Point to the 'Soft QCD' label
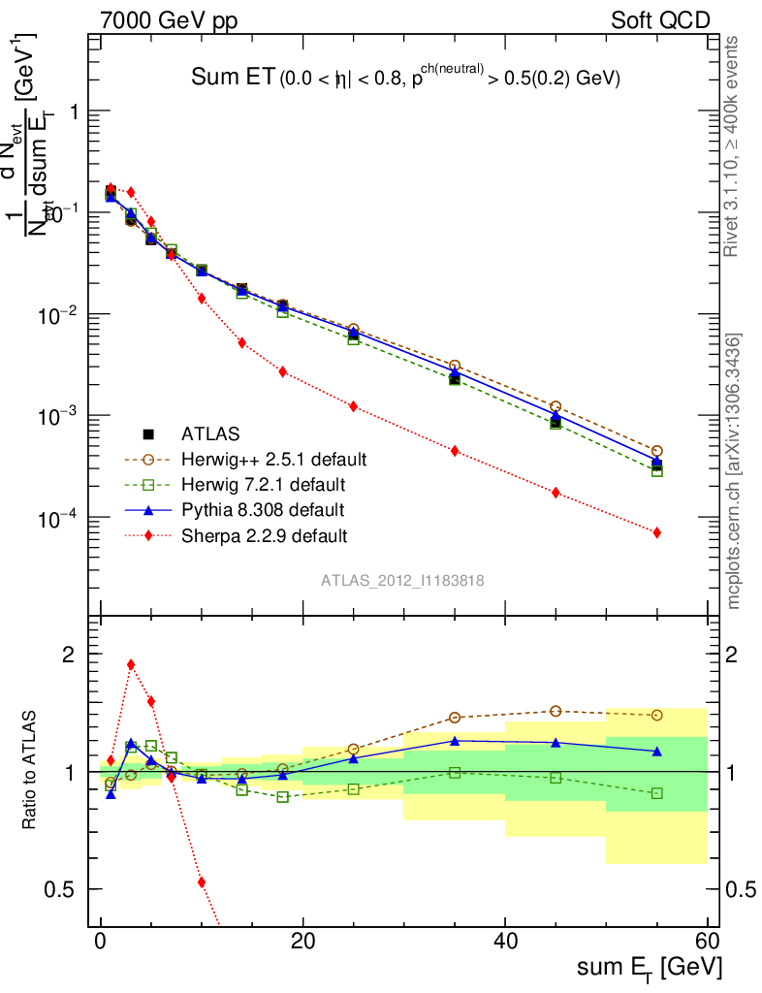[660, 19]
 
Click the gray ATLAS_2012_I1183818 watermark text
[403, 580]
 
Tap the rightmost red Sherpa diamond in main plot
[657, 532]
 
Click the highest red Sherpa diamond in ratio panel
[131, 665]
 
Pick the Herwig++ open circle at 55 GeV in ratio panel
[657, 715]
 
